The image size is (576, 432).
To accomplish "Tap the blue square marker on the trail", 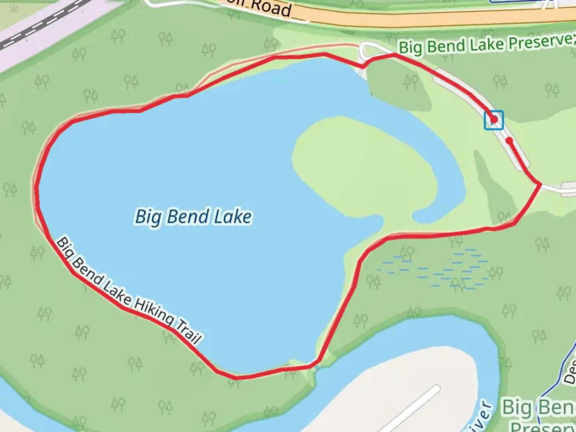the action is [494, 120].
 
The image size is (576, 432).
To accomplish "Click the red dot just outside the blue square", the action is [509, 140].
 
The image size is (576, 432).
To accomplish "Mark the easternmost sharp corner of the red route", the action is [540, 184].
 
